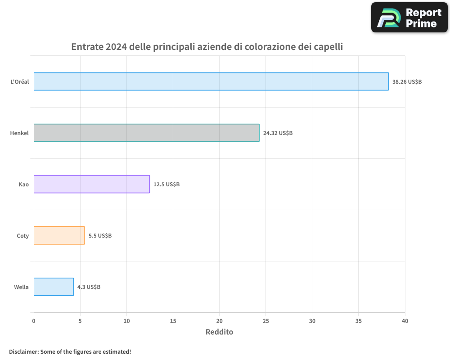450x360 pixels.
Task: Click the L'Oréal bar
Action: click(211, 81)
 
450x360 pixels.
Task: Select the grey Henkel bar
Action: click(146, 133)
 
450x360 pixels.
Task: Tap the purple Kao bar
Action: click(91, 184)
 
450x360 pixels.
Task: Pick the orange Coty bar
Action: click(59, 235)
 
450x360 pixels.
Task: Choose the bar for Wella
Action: click(54, 287)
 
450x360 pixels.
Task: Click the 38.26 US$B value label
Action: click(407, 82)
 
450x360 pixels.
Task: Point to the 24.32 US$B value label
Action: click(278, 133)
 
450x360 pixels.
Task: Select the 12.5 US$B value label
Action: click(166, 184)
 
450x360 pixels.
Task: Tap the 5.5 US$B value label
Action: click(100, 236)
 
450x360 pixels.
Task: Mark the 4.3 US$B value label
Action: click(89, 287)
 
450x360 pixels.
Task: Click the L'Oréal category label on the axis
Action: click(19, 82)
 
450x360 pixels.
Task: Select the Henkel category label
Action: click(19, 133)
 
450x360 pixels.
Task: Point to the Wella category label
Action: click(21, 287)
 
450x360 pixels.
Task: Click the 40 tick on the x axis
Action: click(405, 321)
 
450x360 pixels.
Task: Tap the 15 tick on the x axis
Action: click(173, 321)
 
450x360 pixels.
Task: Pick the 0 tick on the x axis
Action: click(34, 321)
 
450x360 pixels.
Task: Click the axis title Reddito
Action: click(219, 332)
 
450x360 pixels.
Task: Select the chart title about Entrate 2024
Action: click(207, 47)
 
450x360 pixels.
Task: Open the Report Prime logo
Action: click(409, 18)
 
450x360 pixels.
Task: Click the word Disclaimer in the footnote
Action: click(23, 351)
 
